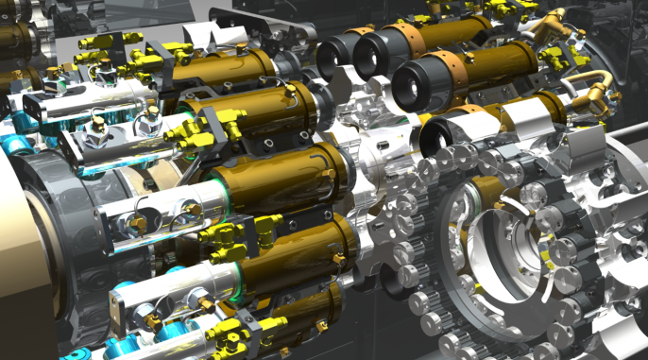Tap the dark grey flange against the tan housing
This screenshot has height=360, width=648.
tap(66, 227)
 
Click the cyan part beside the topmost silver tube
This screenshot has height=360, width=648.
tap(11, 142)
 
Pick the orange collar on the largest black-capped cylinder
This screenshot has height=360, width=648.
tap(401, 38)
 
